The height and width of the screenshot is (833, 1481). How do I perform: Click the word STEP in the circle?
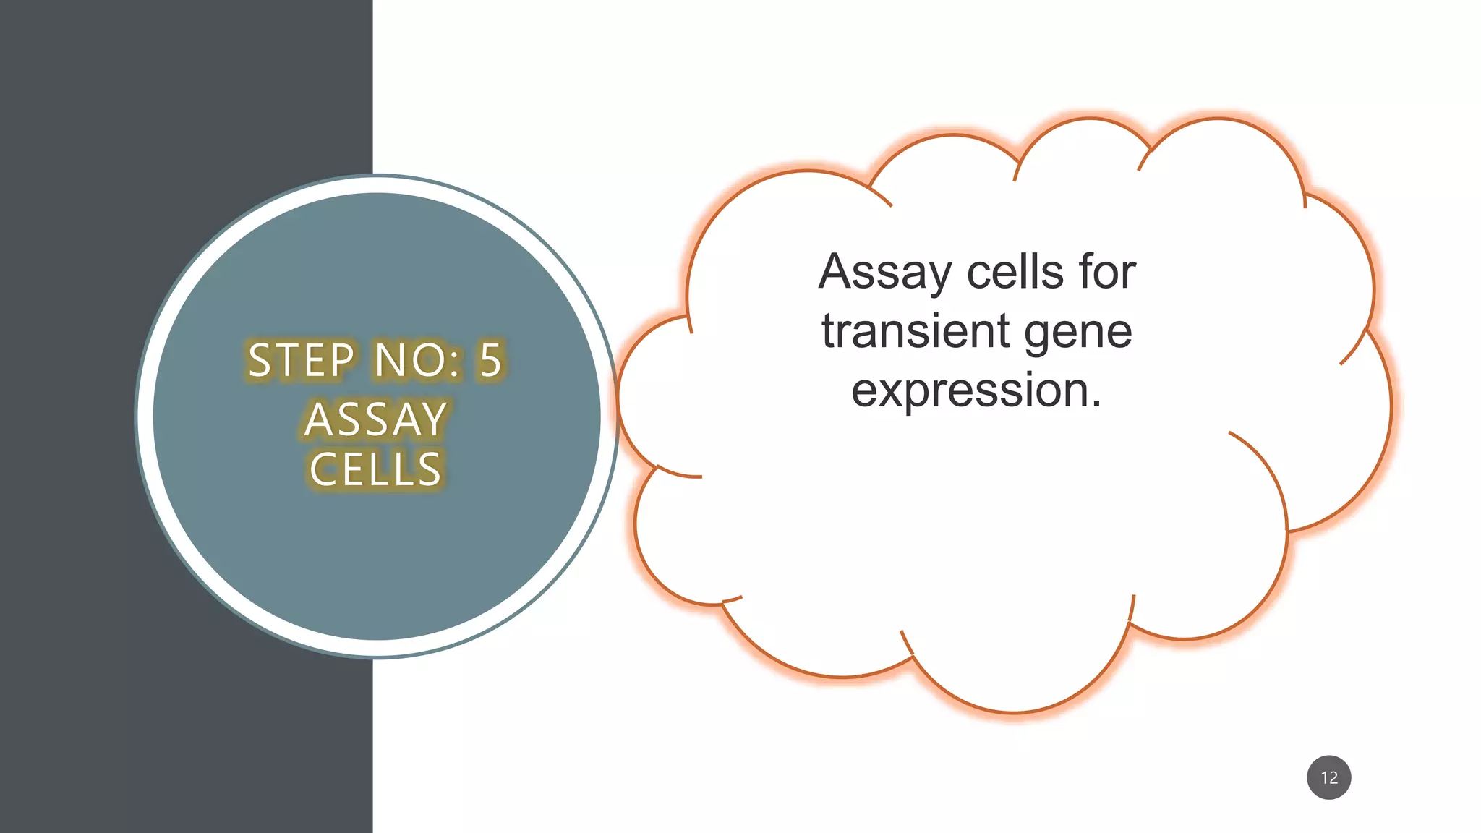pos(301,360)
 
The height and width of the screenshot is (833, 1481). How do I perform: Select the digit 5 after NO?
pos(491,360)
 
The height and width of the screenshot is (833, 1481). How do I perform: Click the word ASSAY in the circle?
pos(375,419)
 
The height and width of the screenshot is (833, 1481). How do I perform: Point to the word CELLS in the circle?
pos(375,469)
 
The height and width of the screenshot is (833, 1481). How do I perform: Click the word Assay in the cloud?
pos(884,273)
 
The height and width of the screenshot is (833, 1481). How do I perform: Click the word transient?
pos(916,331)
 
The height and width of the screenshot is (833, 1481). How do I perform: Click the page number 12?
pos(1329,777)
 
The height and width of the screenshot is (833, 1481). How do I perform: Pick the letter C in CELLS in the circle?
pos(323,469)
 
